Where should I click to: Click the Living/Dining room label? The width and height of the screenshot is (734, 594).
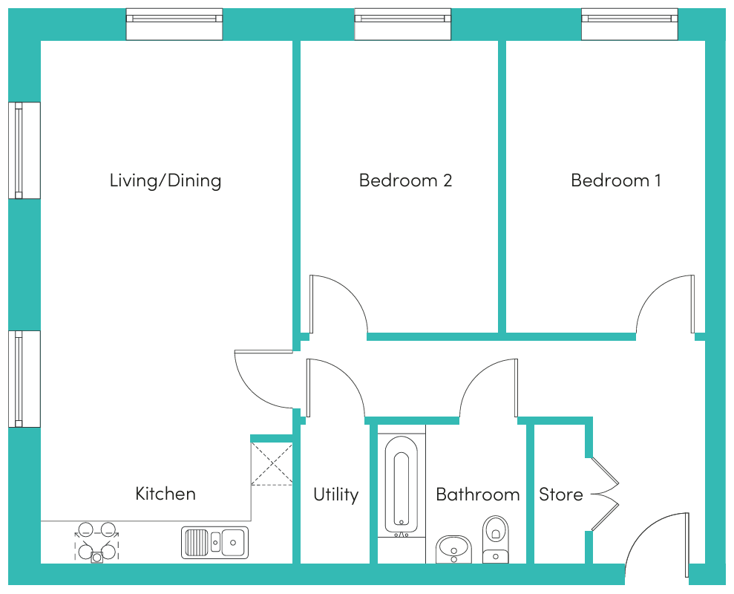tap(166, 181)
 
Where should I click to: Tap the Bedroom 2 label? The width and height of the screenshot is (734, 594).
tap(405, 180)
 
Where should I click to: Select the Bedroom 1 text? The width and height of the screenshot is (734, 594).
tap(615, 180)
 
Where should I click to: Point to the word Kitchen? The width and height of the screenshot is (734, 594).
tap(166, 494)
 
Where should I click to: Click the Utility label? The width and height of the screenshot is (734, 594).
tap(335, 495)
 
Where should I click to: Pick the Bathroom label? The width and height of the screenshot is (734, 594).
tap(477, 495)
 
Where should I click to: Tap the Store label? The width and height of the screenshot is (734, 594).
tap(561, 495)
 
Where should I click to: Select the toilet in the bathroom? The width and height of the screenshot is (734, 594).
tap(495, 539)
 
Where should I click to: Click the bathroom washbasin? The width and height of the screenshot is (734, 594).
tap(453, 549)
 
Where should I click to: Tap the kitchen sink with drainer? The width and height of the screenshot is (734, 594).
tap(215, 543)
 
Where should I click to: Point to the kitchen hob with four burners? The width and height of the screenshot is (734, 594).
tap(97, 542)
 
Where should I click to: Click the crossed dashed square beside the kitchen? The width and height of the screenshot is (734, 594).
tap(272, 464)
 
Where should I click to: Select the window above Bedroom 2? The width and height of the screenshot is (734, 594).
tap(402, 24)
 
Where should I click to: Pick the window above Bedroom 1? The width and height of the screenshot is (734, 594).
tap(629, 24)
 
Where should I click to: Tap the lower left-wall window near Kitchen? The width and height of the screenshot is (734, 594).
tap(24, 379)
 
